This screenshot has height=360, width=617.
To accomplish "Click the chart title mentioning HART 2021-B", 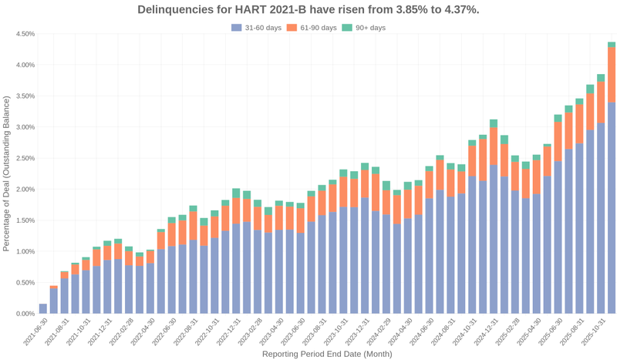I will click(308, 10).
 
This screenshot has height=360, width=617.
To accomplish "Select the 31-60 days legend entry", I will click(256, 28).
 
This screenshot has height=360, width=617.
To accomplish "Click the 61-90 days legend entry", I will click(312, 28).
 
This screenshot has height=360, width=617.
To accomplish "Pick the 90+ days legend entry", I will click(363, 28).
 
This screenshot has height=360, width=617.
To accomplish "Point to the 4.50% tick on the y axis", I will click(25, 34).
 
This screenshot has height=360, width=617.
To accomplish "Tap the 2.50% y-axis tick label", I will click(25, 158).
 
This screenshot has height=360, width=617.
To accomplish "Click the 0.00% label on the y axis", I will click(25, 314).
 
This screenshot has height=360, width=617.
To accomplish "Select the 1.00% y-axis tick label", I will click(25, 251).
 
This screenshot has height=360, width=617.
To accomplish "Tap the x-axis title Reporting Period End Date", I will click(327, 354).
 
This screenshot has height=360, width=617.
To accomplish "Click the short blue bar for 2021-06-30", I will click(43, 308).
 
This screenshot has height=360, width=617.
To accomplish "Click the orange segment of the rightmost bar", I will click(611, 75).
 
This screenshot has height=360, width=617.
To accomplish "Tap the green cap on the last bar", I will click(611, 45).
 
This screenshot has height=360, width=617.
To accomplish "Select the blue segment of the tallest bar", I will click(611, 208).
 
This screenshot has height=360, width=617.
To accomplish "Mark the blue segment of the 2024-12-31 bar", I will click(493, 239).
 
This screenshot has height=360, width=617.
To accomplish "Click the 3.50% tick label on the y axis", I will click(25, 96).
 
